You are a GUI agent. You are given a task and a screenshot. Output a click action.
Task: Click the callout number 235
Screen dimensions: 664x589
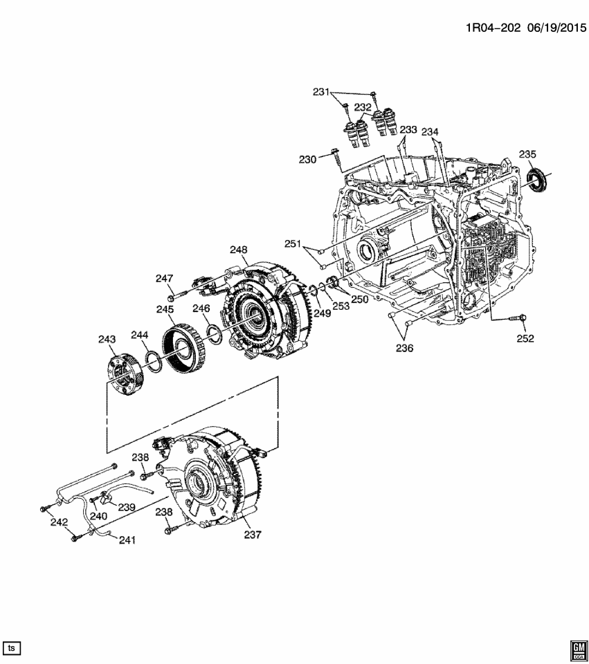point(528,154)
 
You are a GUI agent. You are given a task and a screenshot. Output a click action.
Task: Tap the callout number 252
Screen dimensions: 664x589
point(525,338)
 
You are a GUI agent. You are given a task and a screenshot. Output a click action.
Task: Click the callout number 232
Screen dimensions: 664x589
point(363,107)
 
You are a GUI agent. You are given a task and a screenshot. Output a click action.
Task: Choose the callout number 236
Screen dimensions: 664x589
point(404,349)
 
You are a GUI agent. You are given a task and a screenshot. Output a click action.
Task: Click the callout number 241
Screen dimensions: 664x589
point(126,539)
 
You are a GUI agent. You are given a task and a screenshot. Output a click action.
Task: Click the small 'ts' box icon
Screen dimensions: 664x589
point(12,647)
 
